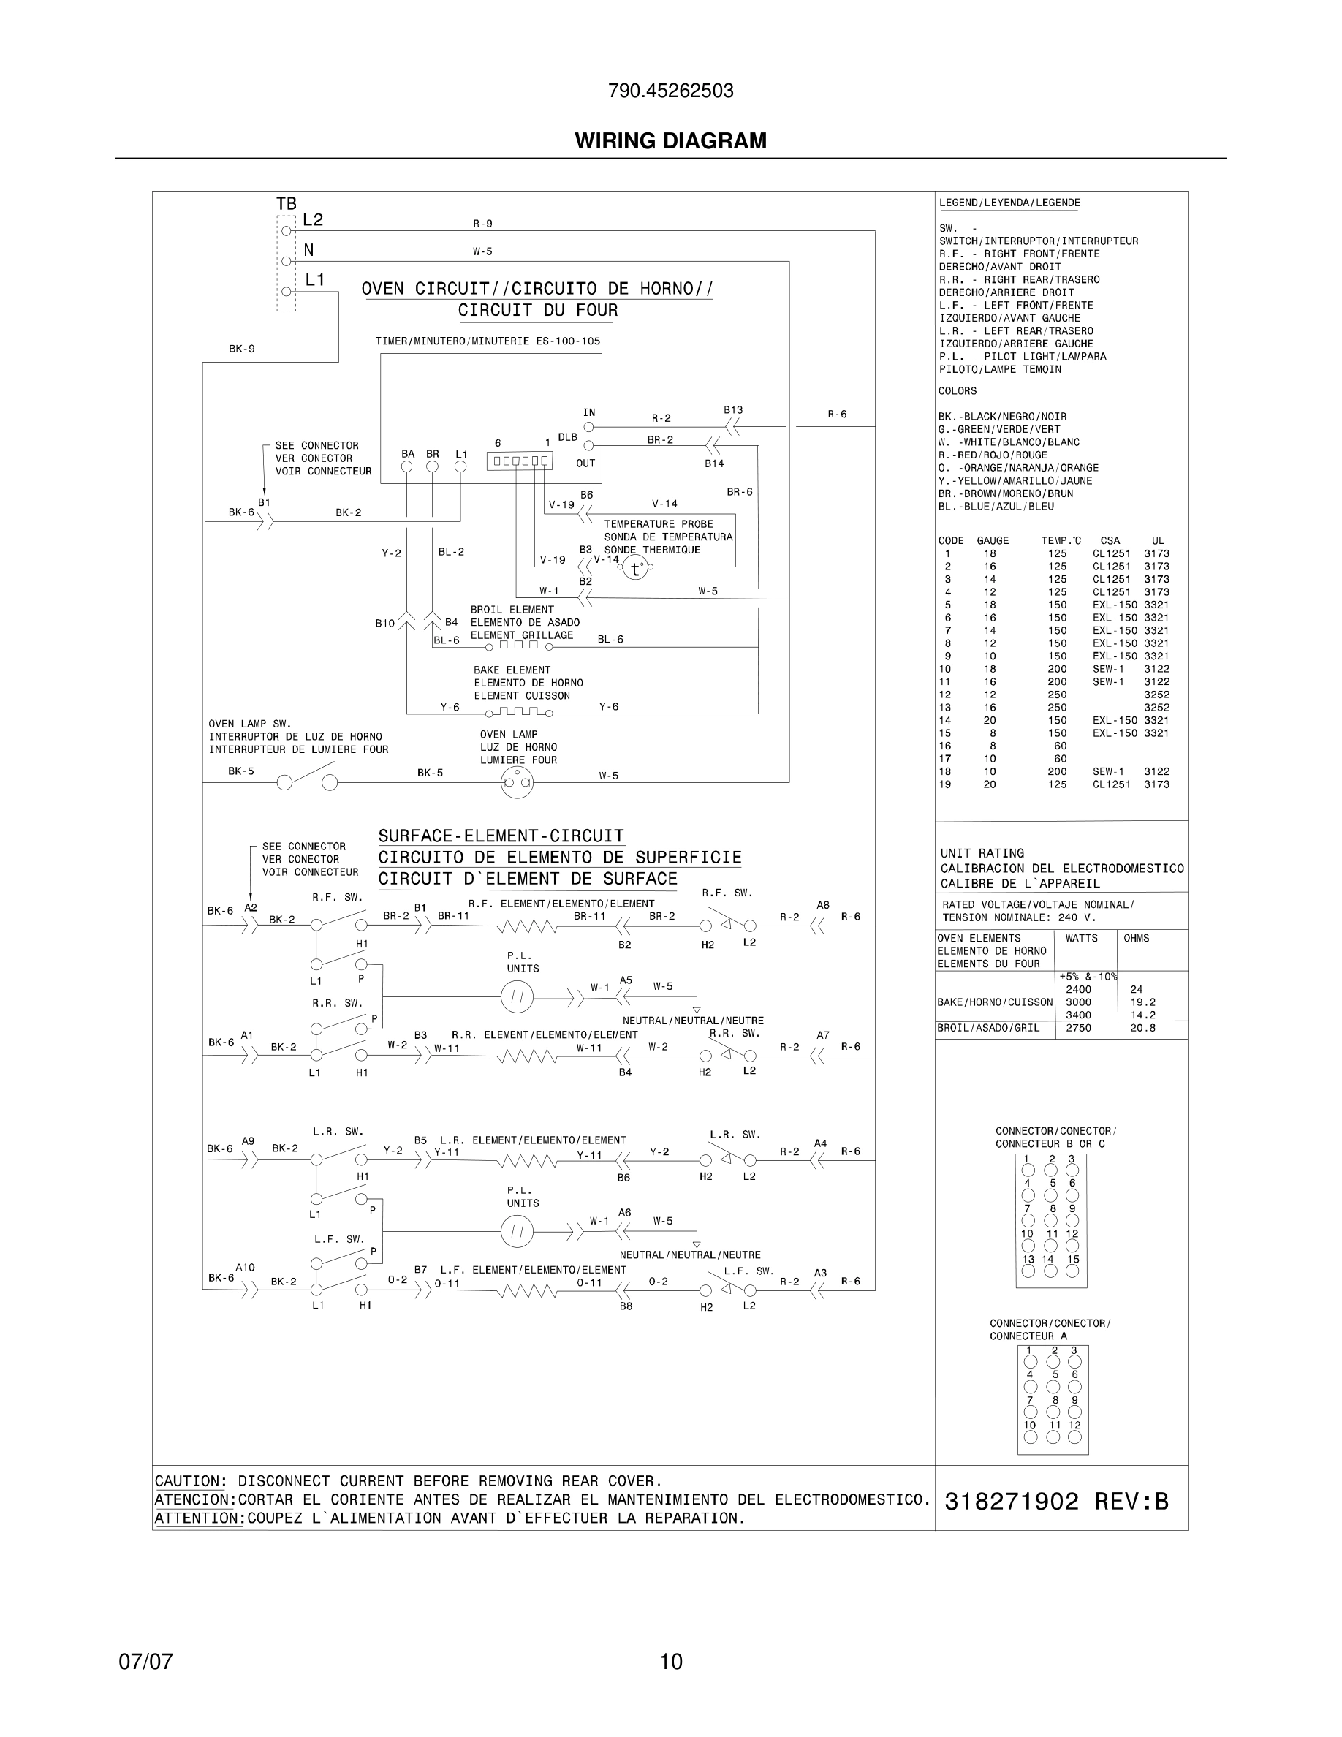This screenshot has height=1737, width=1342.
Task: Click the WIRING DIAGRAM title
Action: [670, 141]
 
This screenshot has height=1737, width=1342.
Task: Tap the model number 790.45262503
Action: [670, 91]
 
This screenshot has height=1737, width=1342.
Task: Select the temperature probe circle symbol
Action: [634, 568]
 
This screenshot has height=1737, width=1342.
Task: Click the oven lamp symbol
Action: [517, 783]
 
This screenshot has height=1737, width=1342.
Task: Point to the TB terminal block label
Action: [287, 205]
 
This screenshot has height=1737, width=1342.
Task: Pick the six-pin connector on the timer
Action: [519, 461]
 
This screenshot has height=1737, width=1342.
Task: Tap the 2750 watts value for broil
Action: [1078, 1028]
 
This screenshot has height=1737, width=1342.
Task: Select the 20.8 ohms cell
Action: [1142, 1028]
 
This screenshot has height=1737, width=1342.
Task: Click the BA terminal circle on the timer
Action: [407, 467]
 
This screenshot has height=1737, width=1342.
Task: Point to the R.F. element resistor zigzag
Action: [527, 926]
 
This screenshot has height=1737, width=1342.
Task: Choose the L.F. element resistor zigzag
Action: [527, 1292]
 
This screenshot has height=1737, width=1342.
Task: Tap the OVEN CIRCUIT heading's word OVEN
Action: [382, 289]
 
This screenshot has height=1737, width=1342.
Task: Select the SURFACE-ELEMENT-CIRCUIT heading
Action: [501, 836]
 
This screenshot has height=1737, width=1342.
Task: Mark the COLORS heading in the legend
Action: [958, 391]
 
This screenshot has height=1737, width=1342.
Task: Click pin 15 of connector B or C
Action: [1072, 1271]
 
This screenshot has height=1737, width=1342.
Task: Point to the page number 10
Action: [671, 1662]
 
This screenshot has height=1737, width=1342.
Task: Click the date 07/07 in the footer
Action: [145, 1662]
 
